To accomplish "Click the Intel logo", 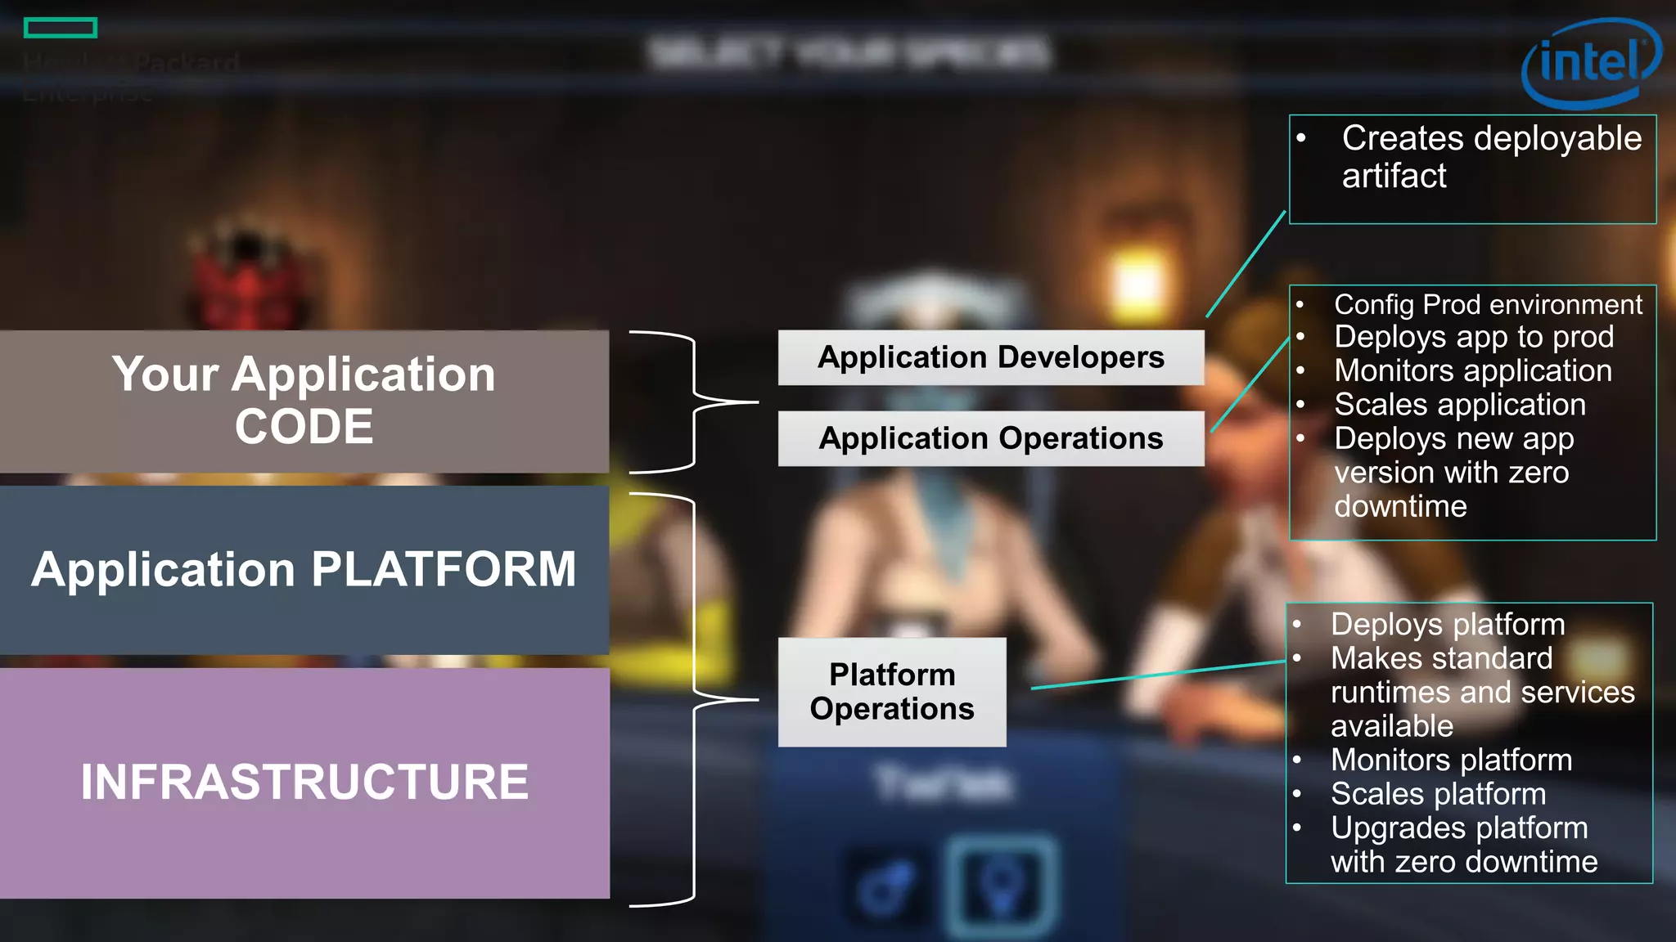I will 1590,64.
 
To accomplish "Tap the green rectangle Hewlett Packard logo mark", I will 61,29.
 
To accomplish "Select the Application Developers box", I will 990,357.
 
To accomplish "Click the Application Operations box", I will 990,438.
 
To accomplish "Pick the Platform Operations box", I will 892,692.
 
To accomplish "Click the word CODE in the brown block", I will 304,427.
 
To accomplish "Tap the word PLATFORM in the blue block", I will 444,569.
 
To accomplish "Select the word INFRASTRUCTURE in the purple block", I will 304,782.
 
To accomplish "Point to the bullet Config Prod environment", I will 1487,305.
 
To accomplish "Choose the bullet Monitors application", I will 1472,371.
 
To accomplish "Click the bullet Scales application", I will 1459,405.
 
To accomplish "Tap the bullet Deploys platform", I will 1447,625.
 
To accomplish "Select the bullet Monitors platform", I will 1450,760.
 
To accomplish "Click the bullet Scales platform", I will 1437,794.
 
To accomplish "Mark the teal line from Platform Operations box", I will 1158,675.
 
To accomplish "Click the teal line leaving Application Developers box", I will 1246,264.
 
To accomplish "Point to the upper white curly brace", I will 694,401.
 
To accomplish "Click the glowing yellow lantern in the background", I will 1138,282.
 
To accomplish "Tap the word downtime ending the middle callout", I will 1399,507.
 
